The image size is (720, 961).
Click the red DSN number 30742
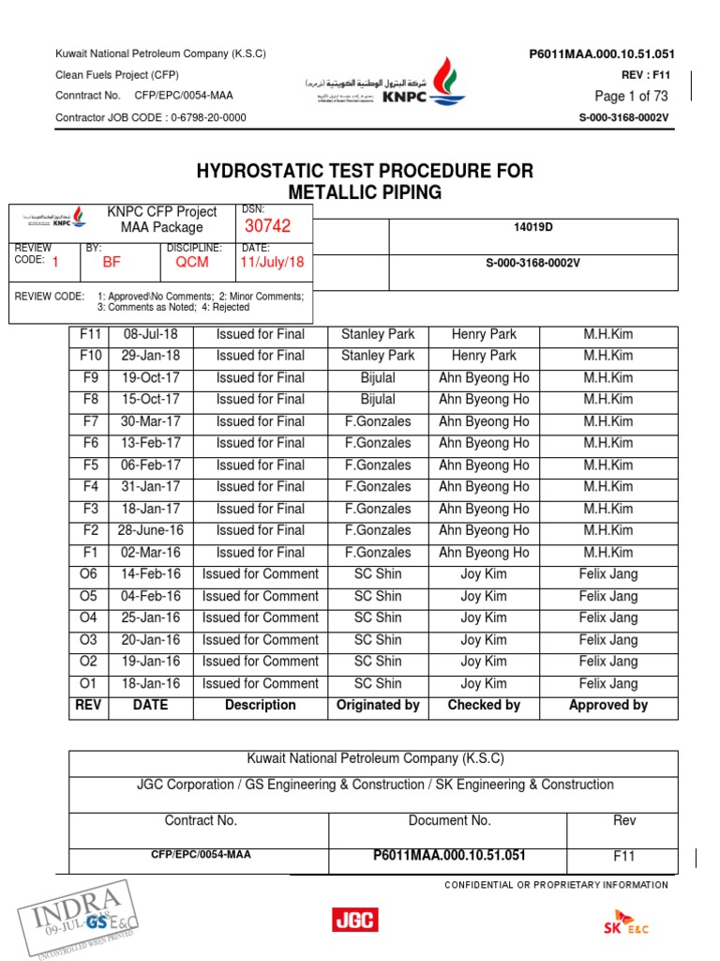pyautogui.click(x=268, y=226)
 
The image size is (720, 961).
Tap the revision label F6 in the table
pyautogui.click(x=90, y=443)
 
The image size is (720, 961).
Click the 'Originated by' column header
pyautogui.click(x=378, y=705)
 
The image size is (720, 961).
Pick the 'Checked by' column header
pyautogui.click(x=484, y=705)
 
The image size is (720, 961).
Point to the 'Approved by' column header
pyautogui.click(x=607, y=705)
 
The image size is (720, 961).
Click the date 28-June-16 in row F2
pyautogui.click(x=150, y=530)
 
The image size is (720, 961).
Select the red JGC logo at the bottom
pyautogui.click(x=355, y=919)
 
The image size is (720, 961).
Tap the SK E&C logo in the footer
pyautogui.click(x=625, y=922)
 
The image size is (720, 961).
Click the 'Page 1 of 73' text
pyautogui.click(x=631, y=97)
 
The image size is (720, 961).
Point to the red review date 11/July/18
pyautogui.click(x=273, y=263)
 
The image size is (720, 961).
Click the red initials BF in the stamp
pyautogui.click(x=112, y=263)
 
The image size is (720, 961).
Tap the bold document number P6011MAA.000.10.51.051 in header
pyautogui.click(x=602, y=54)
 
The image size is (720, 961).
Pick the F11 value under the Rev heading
pyautogui.click(x=624, y=856)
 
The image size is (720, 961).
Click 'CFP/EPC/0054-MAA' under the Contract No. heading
pyautogui.click(x=201, y=855)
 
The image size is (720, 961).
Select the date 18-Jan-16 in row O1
pyautogui.click(x=150, y=683)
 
